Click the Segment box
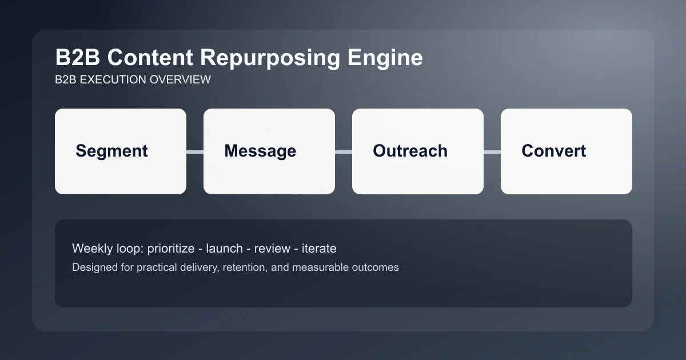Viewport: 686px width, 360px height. pos(121,151)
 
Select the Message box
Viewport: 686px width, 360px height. pos(269,151)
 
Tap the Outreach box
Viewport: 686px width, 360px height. pos(418,151)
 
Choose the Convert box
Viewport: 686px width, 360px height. pos(567,151)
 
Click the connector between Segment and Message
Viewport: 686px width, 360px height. pos(195,151)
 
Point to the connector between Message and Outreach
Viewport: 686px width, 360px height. pos(344,151)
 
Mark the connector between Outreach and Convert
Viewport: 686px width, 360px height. pos(492,151)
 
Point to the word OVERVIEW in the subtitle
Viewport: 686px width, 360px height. pos(180,79)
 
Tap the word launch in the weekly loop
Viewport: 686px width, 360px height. pos(225,249)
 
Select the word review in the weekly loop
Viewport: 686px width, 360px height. pos(272,249)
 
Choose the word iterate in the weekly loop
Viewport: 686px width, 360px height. pos(319,249)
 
